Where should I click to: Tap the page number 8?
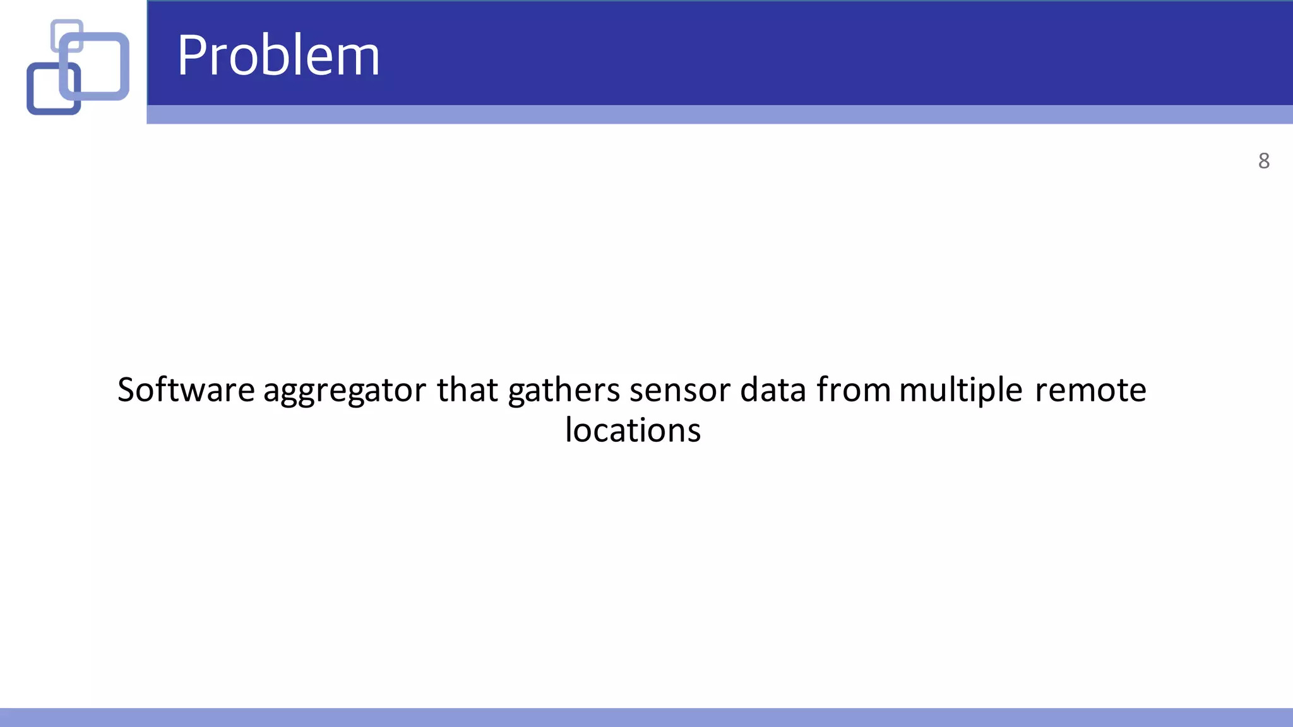tap(1263, 161)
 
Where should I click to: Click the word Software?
tap(186, 389)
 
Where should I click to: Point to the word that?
tap(467, 389)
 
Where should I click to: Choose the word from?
tap(854, 389)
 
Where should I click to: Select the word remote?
tap(1090, 391)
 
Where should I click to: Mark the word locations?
tap(633, 430)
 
